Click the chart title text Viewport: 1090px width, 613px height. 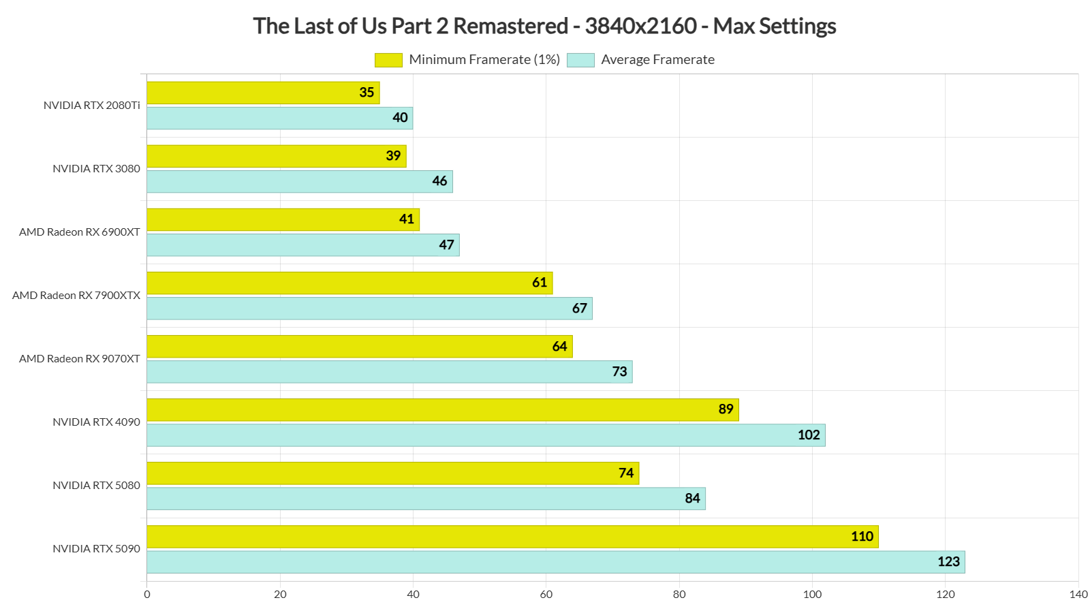(x=544, y=26)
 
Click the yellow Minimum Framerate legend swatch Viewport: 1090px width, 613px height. (x=388, y=60)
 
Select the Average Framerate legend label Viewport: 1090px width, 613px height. (x=657, y=60)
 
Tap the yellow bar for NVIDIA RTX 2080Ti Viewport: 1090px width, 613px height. (x=263, y=93)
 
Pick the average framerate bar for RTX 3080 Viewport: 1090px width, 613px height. (x=300, y=182)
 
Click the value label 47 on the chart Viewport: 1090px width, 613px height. (x=446, y=245)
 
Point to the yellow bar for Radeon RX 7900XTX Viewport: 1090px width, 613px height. (x=349, y=283)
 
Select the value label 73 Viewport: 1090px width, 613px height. (x=619, y=372)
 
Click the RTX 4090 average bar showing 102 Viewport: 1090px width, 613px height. (x=486, y=435)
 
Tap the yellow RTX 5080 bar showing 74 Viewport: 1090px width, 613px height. (x=392, y=473)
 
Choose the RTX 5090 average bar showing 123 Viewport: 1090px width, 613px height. (x=555, y=562)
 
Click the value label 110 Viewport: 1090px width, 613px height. (x=862, y=537)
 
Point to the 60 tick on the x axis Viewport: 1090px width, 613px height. (x=546, y=595)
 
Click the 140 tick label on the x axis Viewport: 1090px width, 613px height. (x=1078, y=595)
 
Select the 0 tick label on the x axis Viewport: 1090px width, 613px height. (x=147, y=595)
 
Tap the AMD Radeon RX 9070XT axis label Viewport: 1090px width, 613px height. (x=80, y=359)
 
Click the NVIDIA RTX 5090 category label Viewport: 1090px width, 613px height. (x=96, y=549)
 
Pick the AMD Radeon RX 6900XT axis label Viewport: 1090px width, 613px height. (x=80, y=232)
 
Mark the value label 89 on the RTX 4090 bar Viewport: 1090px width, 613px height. (x=726, y=409)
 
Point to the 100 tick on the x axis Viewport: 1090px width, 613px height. (x=812, y=595)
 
